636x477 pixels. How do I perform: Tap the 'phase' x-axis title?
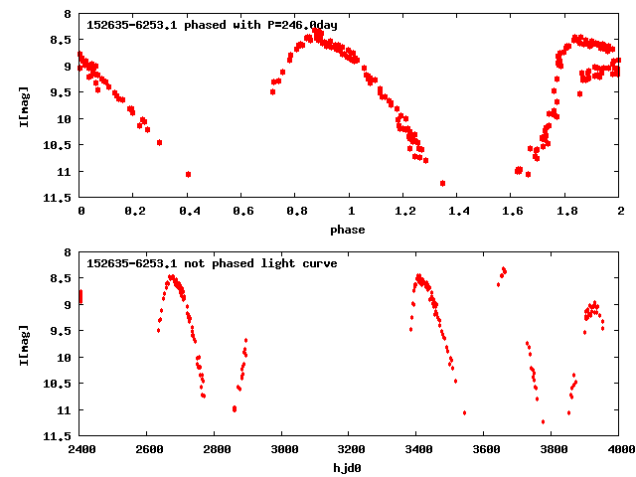click(x=348, y=230)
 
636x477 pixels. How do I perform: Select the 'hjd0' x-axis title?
click(x=348, y=468)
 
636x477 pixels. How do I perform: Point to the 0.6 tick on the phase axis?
click(x=241, y=211)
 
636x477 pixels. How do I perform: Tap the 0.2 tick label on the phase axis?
click(x=134, y=211)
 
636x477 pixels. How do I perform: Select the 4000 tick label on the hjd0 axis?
click(x=619, y=449)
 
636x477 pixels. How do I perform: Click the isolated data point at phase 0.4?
click(x=188, y=174)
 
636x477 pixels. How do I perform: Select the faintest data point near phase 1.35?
click(x=442, y=183)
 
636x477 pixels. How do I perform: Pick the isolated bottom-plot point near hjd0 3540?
click(x=464, y=412)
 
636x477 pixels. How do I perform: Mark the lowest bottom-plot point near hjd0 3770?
click(x=543, y=421)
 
